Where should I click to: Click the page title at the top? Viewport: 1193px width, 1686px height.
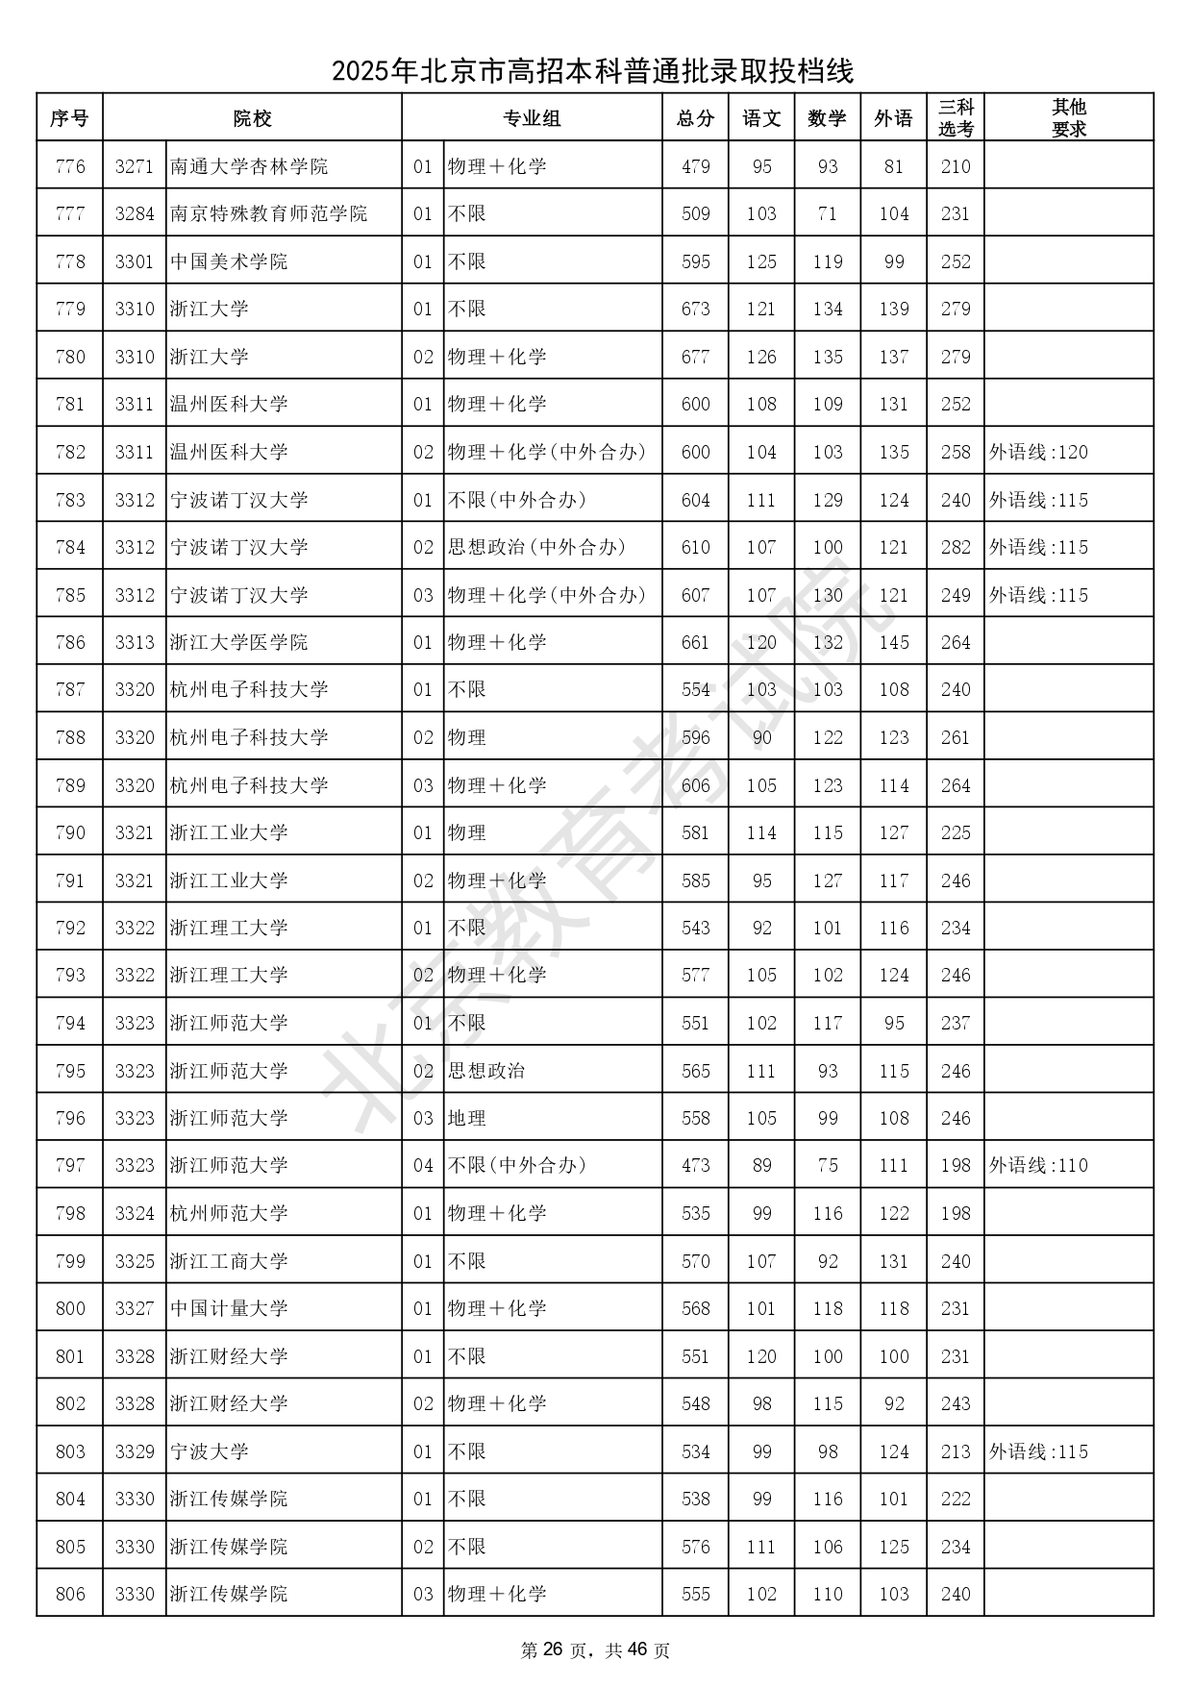pos(593,71)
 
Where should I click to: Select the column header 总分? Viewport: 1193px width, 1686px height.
pos(695,118)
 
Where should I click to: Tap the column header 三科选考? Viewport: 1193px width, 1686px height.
pos(956,118)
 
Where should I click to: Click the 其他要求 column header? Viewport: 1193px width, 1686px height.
pos(1068,118)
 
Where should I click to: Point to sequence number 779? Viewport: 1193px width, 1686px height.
pos(70,309)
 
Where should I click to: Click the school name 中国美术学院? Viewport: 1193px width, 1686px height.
pos(229,261)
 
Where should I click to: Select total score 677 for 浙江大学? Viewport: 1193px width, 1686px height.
pos(695,357)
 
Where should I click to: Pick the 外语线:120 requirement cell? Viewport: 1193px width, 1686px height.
pos(1038,452)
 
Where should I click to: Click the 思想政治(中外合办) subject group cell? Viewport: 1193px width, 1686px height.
pos(536,547)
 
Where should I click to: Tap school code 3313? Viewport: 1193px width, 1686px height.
pos(135,642)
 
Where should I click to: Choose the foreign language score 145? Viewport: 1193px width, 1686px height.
pos(893,642)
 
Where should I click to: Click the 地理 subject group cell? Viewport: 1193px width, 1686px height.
pos(467,1118)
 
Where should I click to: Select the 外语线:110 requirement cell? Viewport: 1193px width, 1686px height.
pos(1038,1165)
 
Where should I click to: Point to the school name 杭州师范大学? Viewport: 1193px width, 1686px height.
pos(229,1213)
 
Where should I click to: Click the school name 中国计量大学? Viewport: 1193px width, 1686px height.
pos(229,1308)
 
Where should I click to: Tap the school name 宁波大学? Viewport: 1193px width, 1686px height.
pos(209,1451)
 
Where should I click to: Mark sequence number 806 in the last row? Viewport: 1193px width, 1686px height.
pos(70,1594)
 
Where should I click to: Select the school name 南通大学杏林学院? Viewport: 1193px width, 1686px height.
pos(249,166)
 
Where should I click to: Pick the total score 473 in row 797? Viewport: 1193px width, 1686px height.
pos(695,1165)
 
